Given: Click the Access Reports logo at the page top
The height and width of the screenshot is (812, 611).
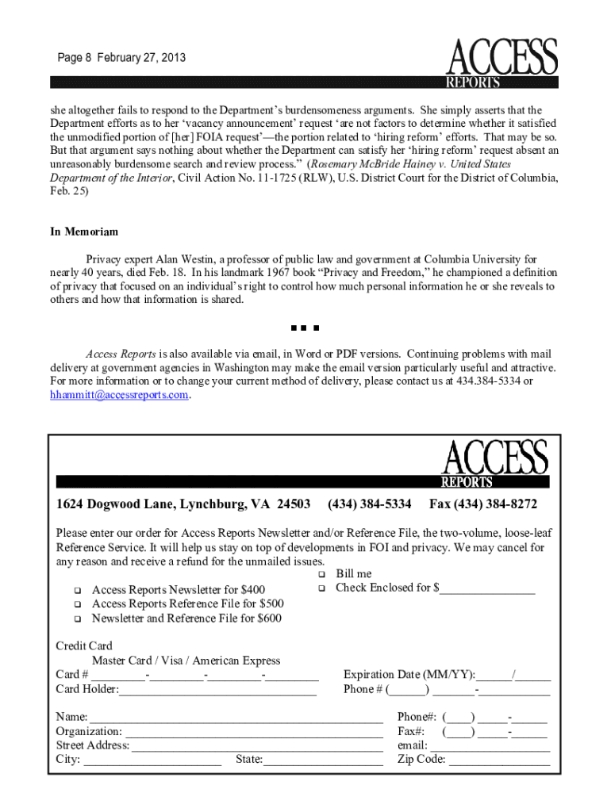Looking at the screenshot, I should (503, 62).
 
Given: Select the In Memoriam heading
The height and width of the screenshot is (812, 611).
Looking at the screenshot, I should (84, 232).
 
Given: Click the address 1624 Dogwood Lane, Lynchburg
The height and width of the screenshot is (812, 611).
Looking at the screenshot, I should (183, 504).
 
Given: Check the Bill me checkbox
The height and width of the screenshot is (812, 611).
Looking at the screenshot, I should (322, 574).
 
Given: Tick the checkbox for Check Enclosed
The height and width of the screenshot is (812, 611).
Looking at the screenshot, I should (322, 588).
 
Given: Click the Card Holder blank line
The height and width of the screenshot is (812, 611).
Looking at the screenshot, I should (217, 690).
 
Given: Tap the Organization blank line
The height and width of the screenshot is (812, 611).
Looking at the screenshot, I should (253, 732).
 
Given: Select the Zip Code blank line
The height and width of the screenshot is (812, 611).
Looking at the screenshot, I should (499, 760).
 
